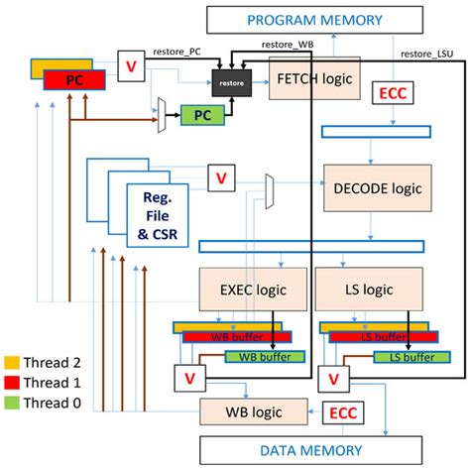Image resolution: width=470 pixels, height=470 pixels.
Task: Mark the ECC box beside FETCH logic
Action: (392, 95)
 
